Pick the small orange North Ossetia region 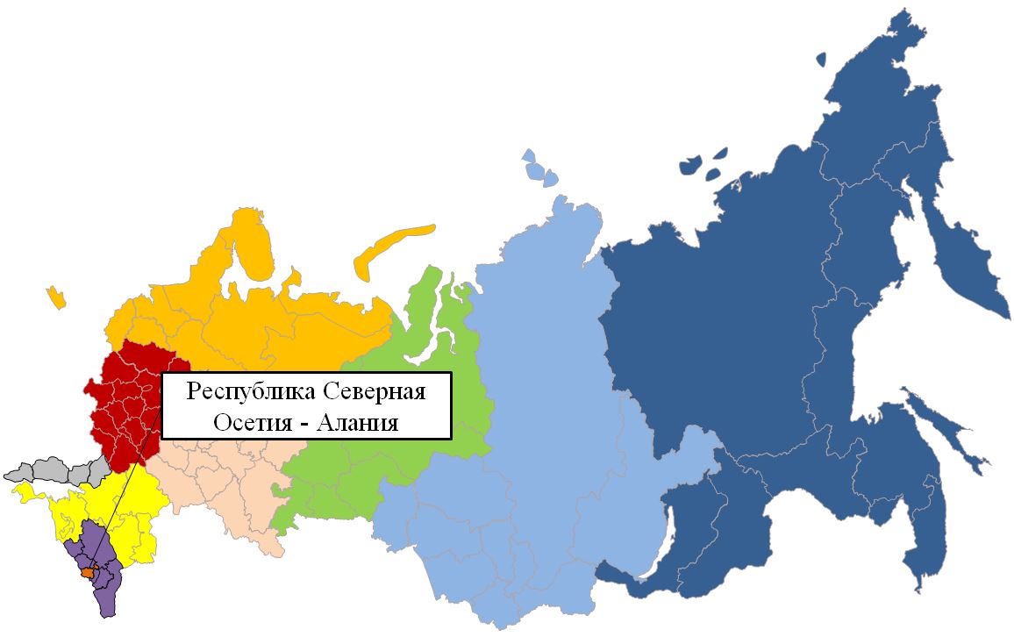point(86,572)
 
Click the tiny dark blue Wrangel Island point(820,59)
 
